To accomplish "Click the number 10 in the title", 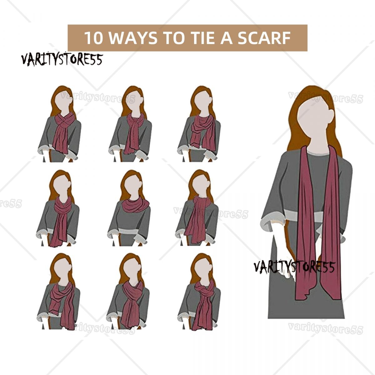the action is (93, 38).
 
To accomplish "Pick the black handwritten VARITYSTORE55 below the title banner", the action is (62, 60).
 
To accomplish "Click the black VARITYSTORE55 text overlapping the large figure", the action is (294, 267).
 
